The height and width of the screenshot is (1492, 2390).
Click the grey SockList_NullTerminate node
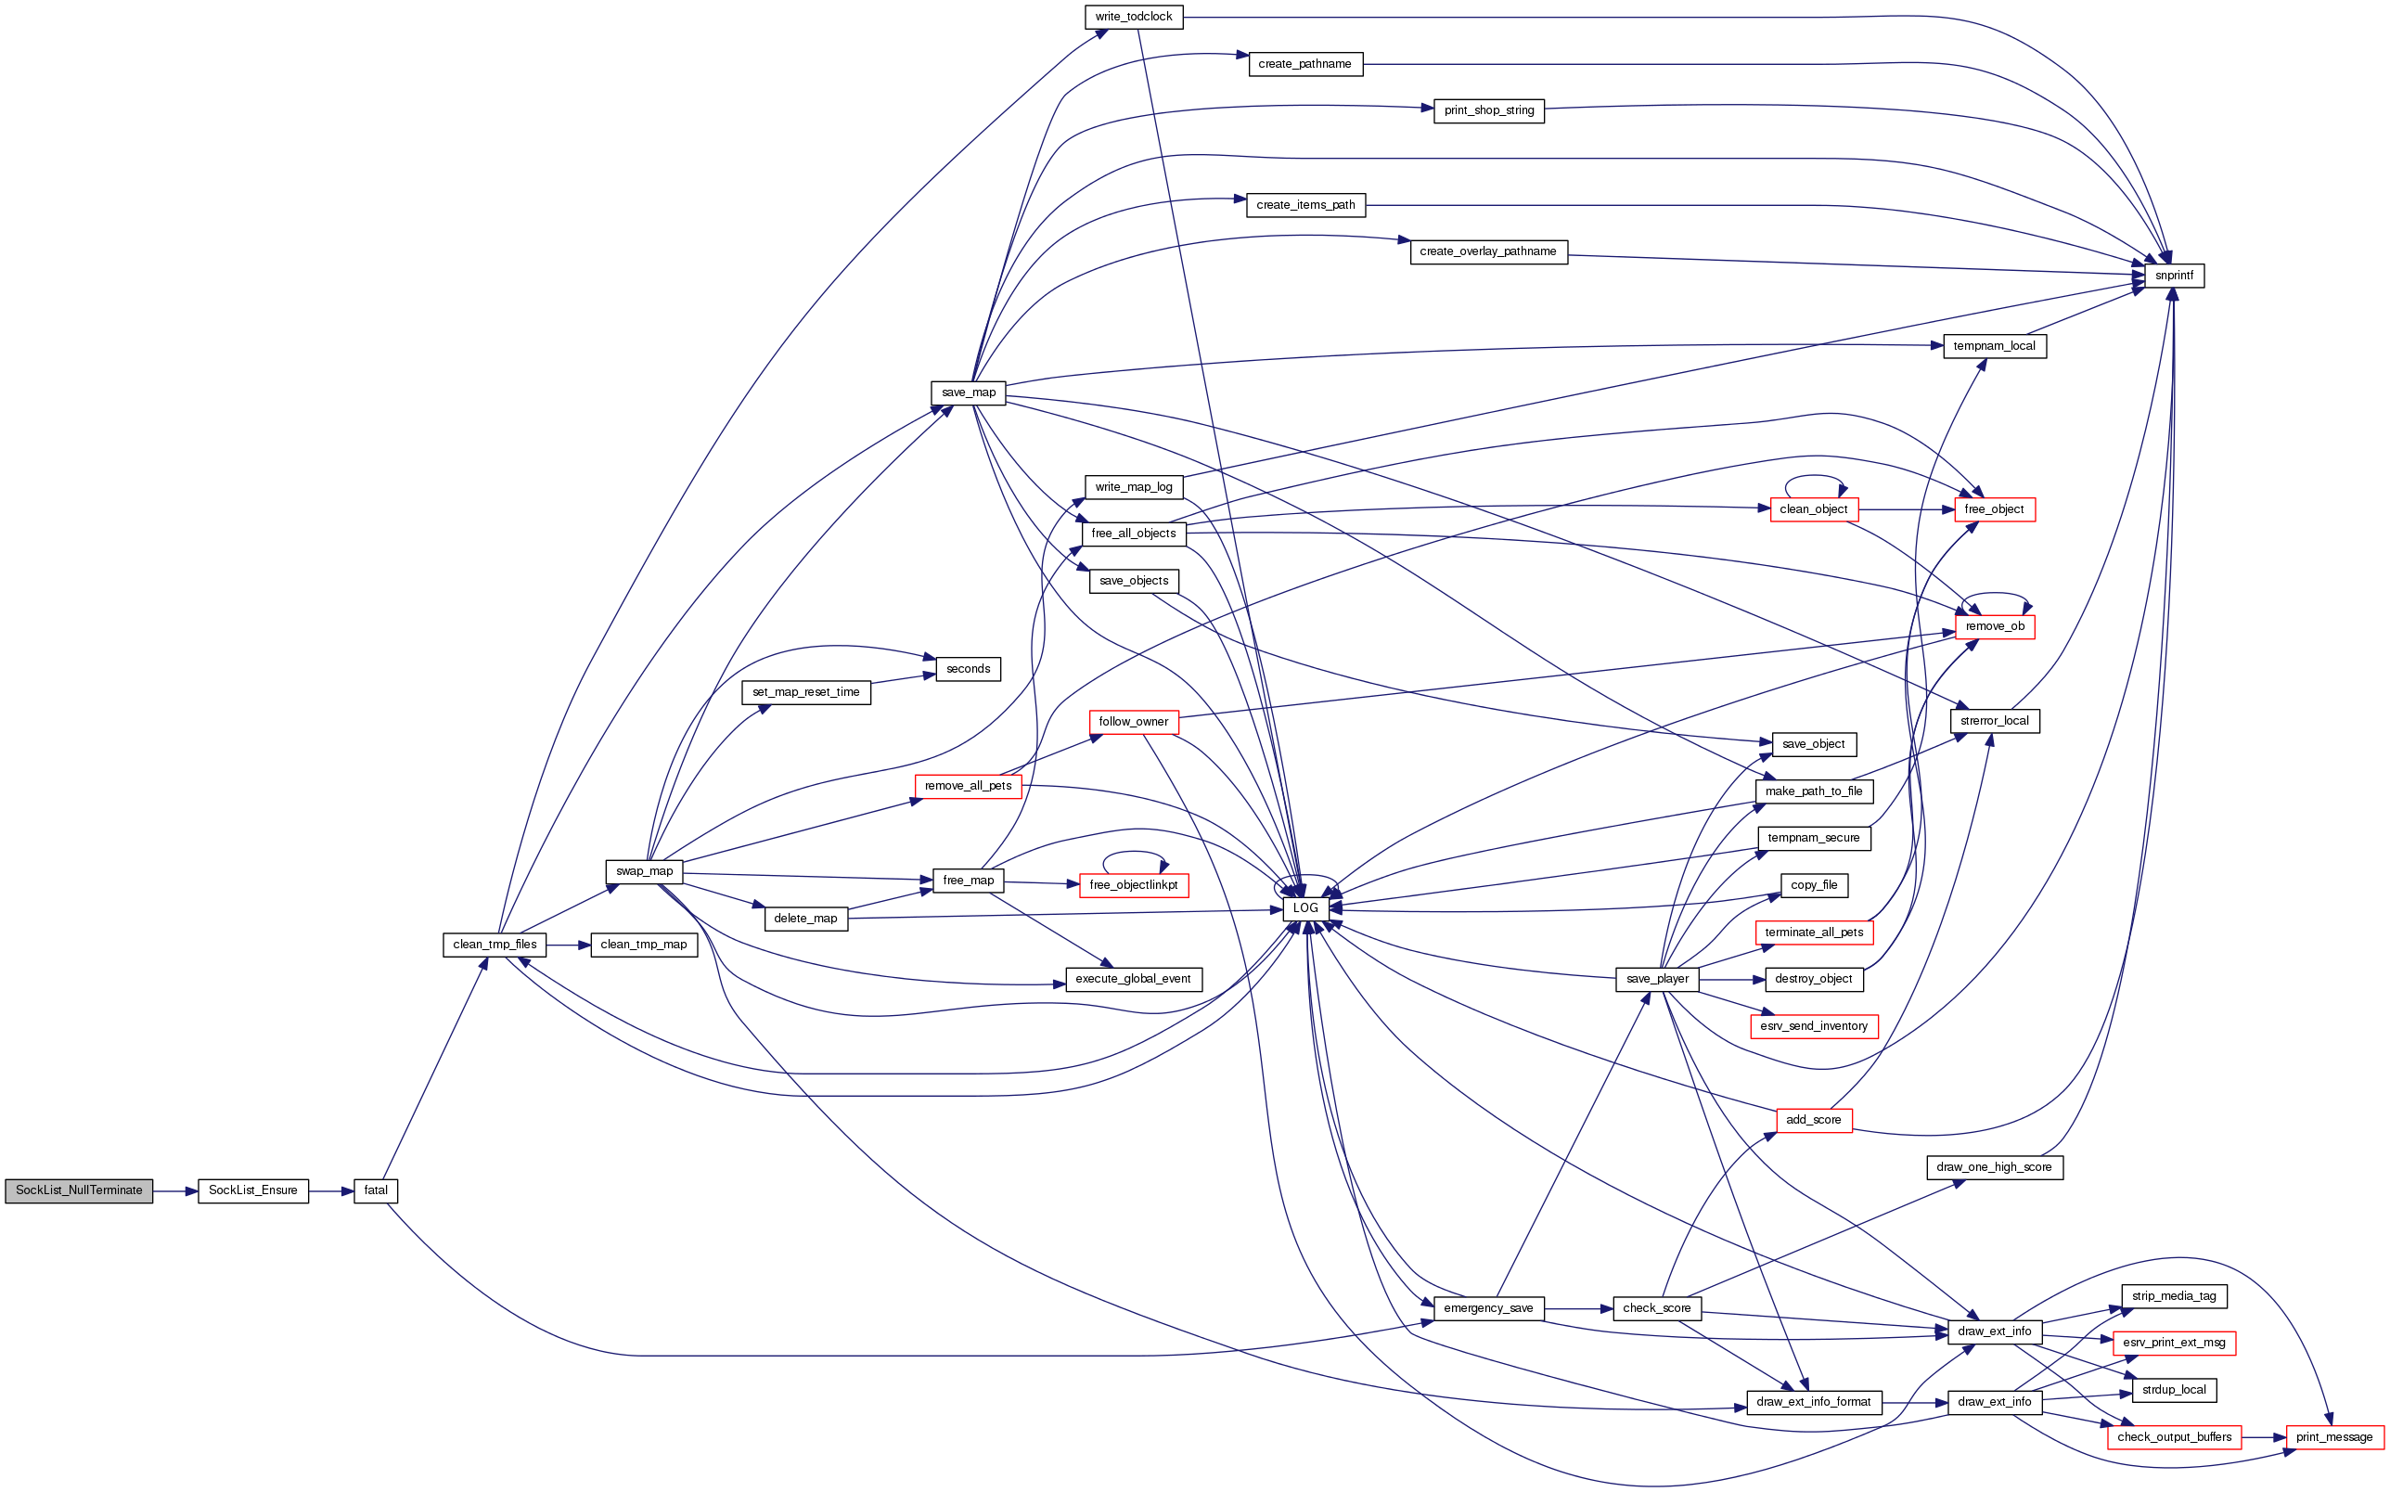coord(79,1190)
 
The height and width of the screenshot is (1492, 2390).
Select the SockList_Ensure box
coord(252,1190)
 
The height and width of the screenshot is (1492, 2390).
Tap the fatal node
coord(376,1190)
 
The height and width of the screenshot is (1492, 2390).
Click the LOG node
coord(1305,907)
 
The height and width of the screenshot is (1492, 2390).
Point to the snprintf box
coord(2174,276)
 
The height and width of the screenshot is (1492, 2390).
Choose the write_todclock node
coord(1134,17)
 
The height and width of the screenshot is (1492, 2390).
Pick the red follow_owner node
coord(1134,721)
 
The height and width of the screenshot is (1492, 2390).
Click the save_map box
coord(969,392)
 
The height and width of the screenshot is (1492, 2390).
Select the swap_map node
coord(644,871)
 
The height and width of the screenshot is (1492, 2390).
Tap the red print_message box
coord(2333,1436)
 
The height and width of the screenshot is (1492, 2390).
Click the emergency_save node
coord(1488,1308)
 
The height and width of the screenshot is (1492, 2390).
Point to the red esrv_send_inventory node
coord(1814,1026)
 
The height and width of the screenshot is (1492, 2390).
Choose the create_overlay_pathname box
coord(1487,251)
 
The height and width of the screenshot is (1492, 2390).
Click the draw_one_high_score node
coord(1994,1167)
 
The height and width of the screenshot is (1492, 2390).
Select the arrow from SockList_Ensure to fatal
coord(331,1191)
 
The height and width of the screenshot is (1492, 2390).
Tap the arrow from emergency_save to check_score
coord(1578,1308)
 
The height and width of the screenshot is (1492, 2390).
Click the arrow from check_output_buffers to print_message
coord(2264,1438)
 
